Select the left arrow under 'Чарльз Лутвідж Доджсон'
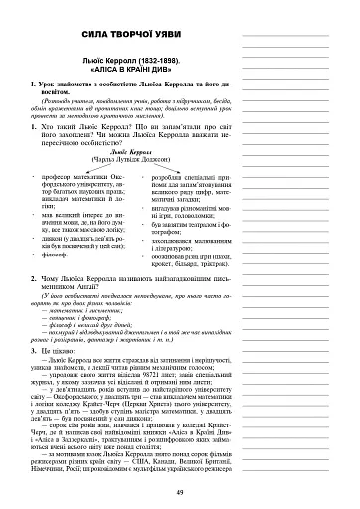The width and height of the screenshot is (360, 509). click(79, 171)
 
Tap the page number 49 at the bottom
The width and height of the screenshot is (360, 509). click(179, 494)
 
